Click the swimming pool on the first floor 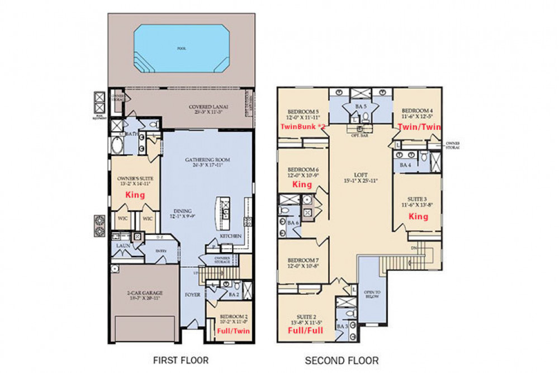[181, 49]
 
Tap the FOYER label [192, 294]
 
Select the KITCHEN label [230, 236]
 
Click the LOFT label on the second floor [359, 174]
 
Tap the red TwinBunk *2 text [302, 128]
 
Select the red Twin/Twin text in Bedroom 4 [419, 128]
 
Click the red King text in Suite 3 [418, 216]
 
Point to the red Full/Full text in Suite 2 [305, 330]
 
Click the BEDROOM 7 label [303, 261]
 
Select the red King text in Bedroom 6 [302, 184]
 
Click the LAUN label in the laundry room [123, 245]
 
